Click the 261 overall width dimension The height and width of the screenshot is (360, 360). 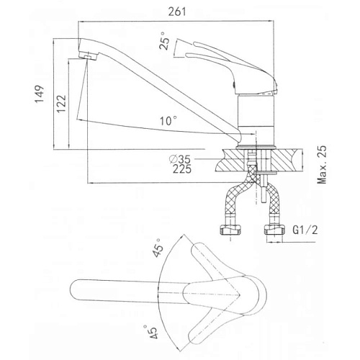click(177, 12)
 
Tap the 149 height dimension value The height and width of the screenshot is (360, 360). click(40, 94)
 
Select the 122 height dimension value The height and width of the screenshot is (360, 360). click(61, 104)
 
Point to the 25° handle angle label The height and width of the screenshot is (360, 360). click(164, 41)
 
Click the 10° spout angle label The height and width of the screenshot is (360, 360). click(169, 121)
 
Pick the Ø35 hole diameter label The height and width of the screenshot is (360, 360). click(180, 158)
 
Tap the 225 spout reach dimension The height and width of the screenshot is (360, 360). click(182, 169)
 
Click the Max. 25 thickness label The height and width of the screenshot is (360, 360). click(322, 165)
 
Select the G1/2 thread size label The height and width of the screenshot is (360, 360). click(305, 230)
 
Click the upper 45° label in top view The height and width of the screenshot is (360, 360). click(158, 248)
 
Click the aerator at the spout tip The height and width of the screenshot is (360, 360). click(88, 56)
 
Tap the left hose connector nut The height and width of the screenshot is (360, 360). click(230, 230)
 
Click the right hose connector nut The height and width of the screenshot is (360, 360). click(274, 230)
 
